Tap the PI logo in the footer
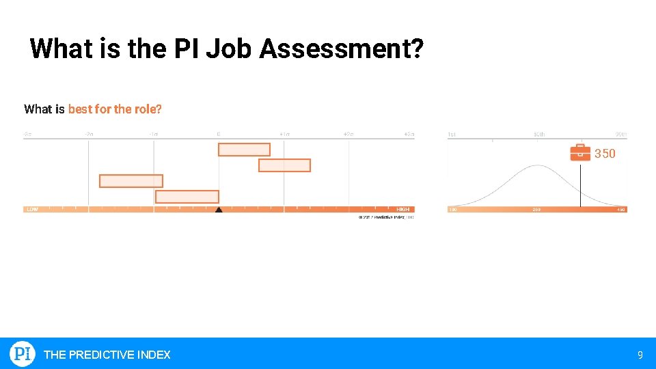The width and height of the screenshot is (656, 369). coord(23,354)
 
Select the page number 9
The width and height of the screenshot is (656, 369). coord(640,355)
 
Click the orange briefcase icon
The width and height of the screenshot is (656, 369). coord(580,152)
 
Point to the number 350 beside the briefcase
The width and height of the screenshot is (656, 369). coord(605,154)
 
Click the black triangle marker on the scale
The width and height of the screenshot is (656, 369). coord(219,210)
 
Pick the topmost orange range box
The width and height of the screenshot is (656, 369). coord(244,149)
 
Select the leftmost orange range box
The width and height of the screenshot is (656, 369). coord(131,181)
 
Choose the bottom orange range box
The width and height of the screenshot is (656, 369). coord(187,197)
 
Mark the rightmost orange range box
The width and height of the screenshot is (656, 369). coord(284,165)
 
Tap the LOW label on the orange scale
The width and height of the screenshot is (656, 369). coord(32,209)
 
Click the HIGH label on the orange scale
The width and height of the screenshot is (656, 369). coord(403,209)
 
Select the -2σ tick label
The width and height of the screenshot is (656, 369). coord(89,134)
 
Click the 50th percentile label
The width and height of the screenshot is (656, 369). coord(539,134)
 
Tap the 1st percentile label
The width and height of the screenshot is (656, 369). coord(452,134)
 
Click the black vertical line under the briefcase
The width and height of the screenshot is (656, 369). coord(581,184)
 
